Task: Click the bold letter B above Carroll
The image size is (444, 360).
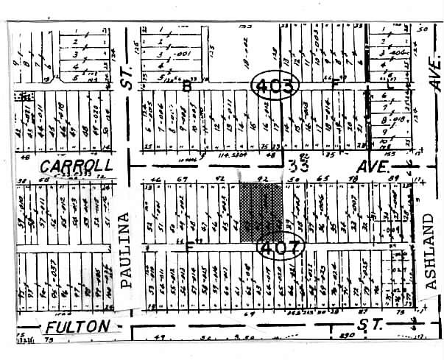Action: point(187,86)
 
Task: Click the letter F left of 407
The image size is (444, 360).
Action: point(189,247)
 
